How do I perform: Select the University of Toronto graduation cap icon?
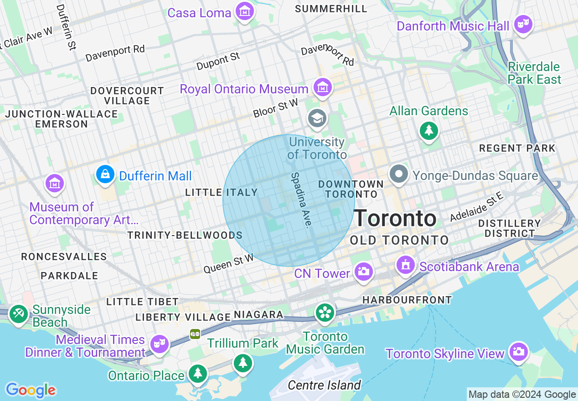click(316, 118)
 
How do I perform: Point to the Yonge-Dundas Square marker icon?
click(399, 174)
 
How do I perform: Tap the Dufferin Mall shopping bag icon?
click(105, 175)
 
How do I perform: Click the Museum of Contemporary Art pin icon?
click(55, 183)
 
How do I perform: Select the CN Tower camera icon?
click(363, 272)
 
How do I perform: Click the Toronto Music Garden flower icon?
click(325, 313)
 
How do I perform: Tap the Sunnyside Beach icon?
click(19, 314)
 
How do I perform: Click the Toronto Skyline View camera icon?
click(518, 352)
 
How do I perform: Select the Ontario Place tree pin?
click(197, 374)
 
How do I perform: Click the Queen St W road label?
click(228, 264)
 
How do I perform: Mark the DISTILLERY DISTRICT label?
click(510, 228)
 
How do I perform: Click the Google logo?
click(31, 390)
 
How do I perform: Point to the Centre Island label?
click(324, 386)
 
